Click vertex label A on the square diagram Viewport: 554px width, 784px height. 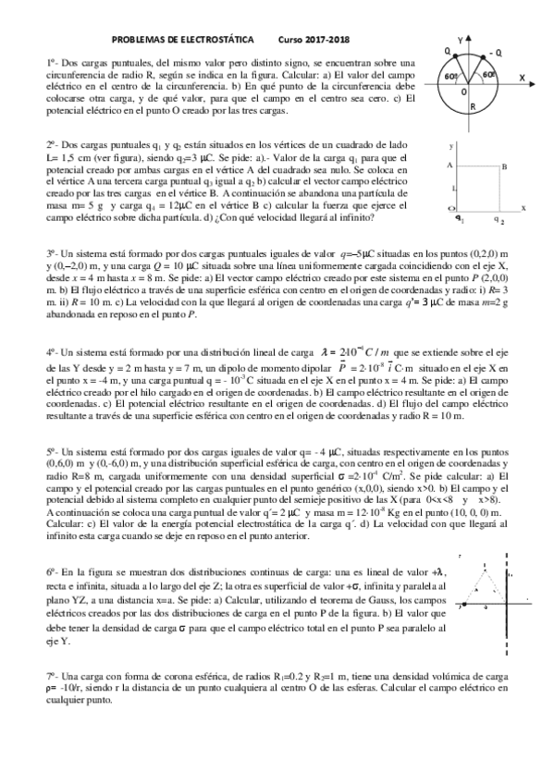coord(449,165)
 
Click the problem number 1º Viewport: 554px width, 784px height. coord(52,62)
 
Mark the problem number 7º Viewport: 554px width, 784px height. coord(52,677)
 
